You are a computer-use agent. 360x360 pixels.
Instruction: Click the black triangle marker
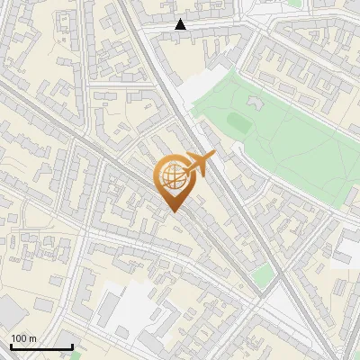(181, 24)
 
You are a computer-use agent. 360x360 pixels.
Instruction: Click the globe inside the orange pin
(174, 178)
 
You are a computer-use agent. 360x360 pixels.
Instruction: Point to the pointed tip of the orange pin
(174, 211)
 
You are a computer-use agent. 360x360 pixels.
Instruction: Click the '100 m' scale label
(23, 338)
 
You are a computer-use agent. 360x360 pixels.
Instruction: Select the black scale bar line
(41, 346)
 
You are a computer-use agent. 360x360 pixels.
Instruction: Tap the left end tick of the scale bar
(11, 345)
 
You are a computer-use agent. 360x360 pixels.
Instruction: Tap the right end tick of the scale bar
(72, 345)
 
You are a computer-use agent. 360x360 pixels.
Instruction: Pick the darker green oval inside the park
(238, 120)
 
